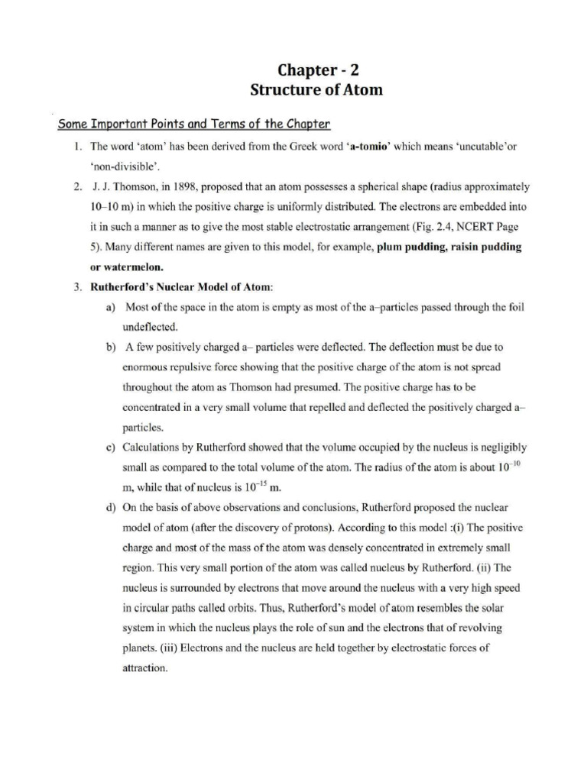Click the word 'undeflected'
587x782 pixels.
pyautogui.click(x=151, y=326)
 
